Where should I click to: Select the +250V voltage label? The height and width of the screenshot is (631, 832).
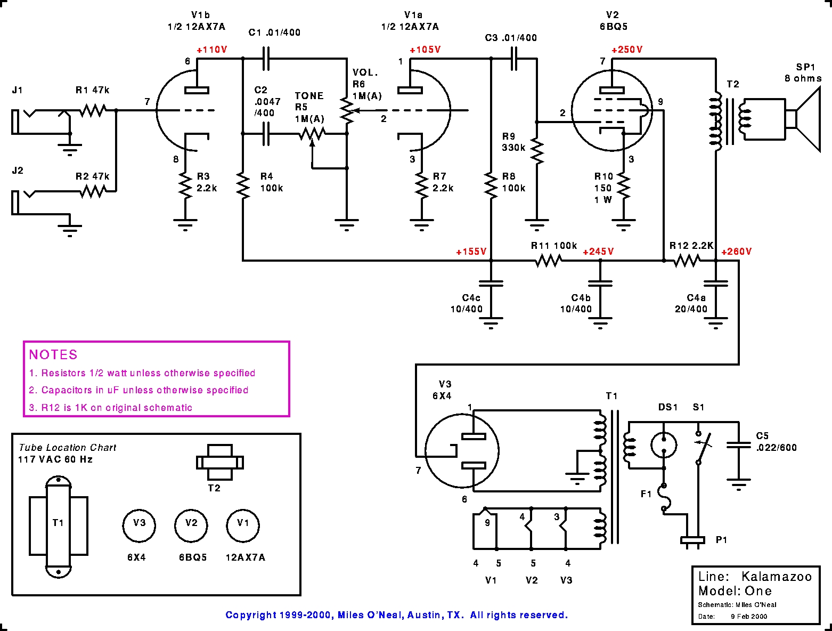tap(627, 50)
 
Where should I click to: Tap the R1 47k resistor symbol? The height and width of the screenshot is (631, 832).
tap(93, 110)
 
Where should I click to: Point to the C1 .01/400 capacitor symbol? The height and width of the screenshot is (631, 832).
tap(266, 59)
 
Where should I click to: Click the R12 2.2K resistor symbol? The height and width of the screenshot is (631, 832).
tap(687, 261)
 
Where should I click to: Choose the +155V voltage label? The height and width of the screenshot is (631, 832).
tap(471, 252)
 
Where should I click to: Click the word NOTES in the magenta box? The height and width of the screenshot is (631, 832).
tap(53, 354)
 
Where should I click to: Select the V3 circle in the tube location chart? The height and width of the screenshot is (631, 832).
tap(139, 525)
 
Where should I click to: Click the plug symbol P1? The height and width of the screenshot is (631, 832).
tap(692, 540)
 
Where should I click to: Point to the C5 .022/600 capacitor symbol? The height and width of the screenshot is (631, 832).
tap(738, 445)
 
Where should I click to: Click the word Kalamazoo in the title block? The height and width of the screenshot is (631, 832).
tap(777, 577)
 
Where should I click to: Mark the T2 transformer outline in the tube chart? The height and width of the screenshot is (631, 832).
tap(220, 463)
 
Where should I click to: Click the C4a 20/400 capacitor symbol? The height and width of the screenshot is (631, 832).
tap(716, 284)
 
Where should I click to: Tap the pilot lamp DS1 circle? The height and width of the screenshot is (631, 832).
tap(664, 445)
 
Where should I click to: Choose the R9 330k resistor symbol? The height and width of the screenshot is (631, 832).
tap(537, 150)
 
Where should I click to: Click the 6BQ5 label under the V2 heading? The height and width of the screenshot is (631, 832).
tap(614, 27)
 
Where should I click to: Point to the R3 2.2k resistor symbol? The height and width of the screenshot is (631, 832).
tap(185, 185)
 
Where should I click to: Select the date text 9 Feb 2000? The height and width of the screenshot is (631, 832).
tap(749, 616)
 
